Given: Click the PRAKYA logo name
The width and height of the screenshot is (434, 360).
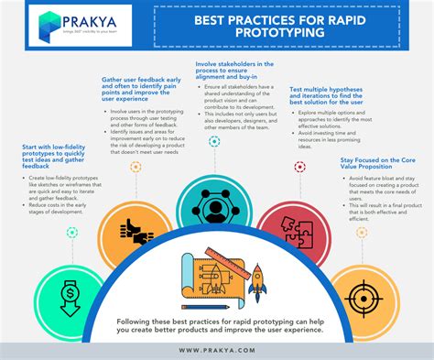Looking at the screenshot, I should pos(87,19).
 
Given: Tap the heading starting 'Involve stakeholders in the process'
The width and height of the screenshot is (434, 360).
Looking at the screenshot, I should pos(233,74).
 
